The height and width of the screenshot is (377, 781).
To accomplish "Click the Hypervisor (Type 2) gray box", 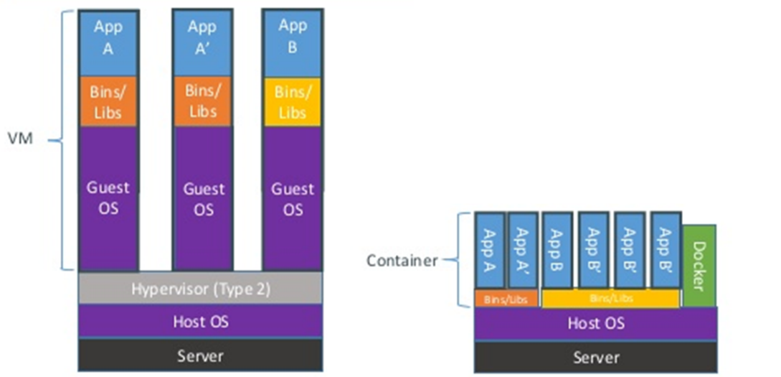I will point(200,289).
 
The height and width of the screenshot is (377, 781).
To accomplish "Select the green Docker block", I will point(699,265).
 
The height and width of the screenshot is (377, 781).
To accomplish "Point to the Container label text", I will point(402,261).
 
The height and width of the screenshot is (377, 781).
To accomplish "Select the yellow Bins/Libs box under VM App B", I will point(292,102).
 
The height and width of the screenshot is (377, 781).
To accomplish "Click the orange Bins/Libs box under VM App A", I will point(108,102).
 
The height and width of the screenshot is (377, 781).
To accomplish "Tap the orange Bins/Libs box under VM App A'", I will point(202,102).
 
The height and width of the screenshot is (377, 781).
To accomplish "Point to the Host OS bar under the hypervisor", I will point(200,321).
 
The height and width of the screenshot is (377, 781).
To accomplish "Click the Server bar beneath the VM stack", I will point(200,355).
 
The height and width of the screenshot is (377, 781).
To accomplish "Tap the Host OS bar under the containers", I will point(595,323).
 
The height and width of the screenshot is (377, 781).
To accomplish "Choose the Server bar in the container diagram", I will point(595,357).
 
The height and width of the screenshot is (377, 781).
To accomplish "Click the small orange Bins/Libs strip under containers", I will point(506,299).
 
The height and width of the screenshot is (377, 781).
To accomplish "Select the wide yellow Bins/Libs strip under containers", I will point(610,299).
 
